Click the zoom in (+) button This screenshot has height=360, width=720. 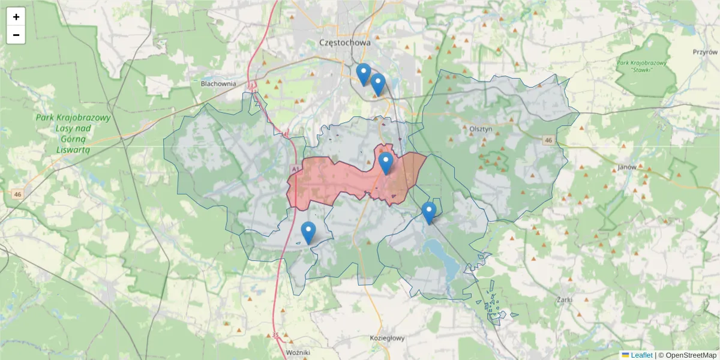tap(16, 17)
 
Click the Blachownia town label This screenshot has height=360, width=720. tap(218, 84)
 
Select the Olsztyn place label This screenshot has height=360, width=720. tap(481, 128)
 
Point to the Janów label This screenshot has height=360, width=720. tap(626, 167)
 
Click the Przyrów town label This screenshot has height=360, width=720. tap(705, 52)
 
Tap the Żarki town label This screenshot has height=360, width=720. tap(565, 299)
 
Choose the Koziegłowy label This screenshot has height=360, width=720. tap(387, 338)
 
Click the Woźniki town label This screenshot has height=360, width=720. tap(298, 352)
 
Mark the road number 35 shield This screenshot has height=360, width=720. tap(275, 335)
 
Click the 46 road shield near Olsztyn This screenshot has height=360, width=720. tap(548, 140)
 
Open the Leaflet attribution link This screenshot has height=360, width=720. tap(641, 355)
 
